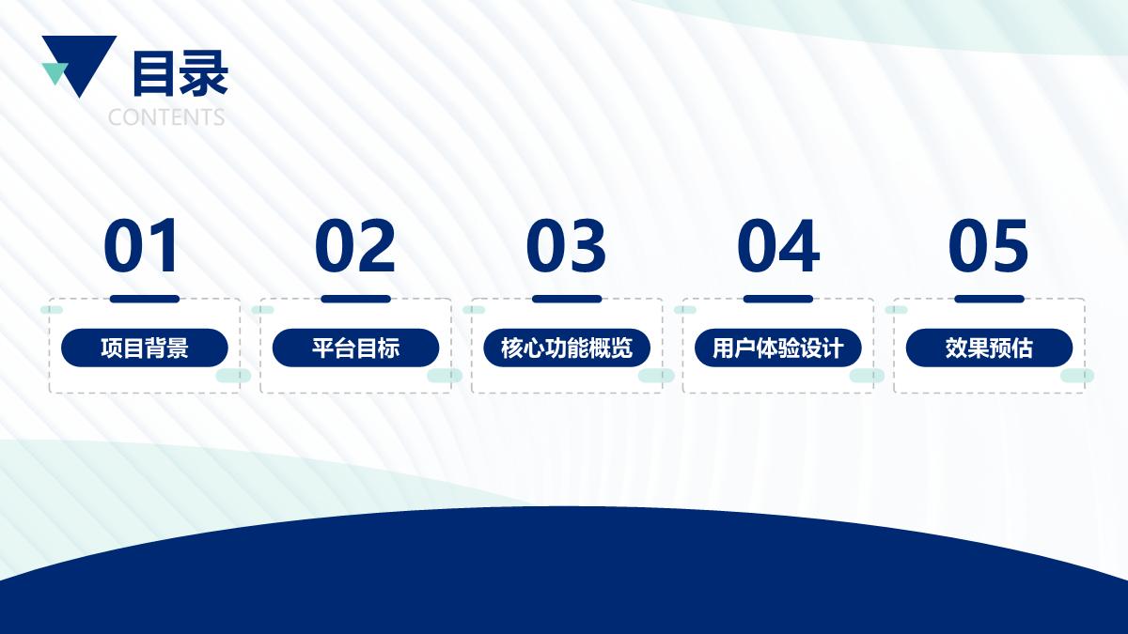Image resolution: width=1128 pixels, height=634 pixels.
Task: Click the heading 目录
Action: [x=180, y=74]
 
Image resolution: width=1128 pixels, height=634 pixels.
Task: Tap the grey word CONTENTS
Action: [x=166, y=117]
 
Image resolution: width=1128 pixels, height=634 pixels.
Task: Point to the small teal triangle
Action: [x=55, y=73]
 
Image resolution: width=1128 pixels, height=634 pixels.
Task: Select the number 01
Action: [x=141, y=245]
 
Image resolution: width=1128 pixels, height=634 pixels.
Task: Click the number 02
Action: [x=355, y=245]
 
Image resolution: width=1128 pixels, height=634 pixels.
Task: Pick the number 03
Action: [x=566, y=245]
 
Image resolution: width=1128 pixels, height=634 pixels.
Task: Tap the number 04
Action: [x=778, y=245]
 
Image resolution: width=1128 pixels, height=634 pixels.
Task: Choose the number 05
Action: [x=988, y=245]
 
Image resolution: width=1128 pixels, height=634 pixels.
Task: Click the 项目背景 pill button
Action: [x=145, y=348]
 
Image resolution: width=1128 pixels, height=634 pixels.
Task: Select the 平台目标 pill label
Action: [x=355, y=348]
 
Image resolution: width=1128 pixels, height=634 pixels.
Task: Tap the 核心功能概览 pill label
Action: [x=567, y=348]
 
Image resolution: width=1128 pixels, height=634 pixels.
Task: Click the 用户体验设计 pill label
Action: [x=778, y=348]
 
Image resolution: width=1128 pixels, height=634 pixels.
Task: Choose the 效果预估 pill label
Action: [x=989, y=348]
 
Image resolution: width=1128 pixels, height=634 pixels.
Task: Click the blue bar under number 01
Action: [x=145, y=299]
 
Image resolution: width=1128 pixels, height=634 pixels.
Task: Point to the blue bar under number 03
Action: [x=567, y=299]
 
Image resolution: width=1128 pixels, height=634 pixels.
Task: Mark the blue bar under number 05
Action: [x=990, y=299]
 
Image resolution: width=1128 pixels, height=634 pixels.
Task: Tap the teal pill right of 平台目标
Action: [x=445, y=376]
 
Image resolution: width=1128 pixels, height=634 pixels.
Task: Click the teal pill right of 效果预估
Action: [x=1077, y=376]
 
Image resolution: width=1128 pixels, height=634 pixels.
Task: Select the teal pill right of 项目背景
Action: [x=234, y=376]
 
